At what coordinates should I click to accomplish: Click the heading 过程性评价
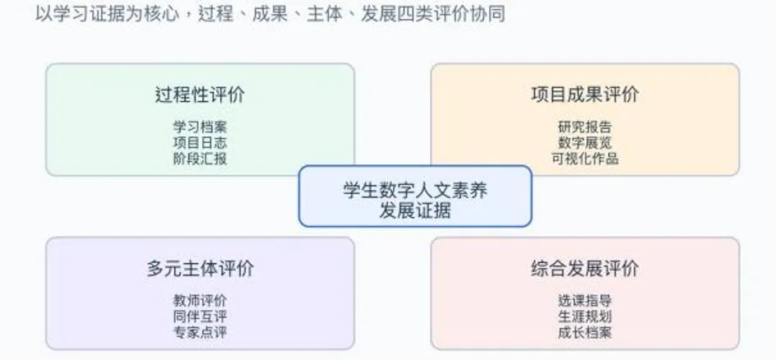[x=200, y=94]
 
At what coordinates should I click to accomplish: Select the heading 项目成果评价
[x=585, y=94]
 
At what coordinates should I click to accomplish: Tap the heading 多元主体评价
[x=200, y=268]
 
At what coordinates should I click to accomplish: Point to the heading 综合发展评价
[x=585, y=268]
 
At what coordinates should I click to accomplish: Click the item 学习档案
[x=200, y=127]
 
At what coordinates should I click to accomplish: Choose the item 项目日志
[x=200, y=143]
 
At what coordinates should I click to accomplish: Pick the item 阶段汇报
[x=200, y=159]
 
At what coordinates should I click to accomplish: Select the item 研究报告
[x=585, y=127]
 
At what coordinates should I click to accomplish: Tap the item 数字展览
[x=585, y=143]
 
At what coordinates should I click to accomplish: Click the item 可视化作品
[x=585, y=159]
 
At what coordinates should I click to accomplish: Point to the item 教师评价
[x=200, y=301]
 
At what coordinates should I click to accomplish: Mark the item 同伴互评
[x=200, y=316]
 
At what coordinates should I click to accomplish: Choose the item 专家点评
[x=200, y=332]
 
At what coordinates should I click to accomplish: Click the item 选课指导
[x=585, y=301]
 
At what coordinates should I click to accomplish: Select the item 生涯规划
[x=585, y=316]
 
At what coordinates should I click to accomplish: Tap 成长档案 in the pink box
[x=585, y=332]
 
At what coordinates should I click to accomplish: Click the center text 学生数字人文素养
[x=415, y=190]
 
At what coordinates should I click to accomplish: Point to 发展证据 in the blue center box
[x=415, y=210]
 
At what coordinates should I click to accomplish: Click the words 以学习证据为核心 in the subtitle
[x=108, y=13]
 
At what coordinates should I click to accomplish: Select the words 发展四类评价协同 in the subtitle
[x=433, y=13]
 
